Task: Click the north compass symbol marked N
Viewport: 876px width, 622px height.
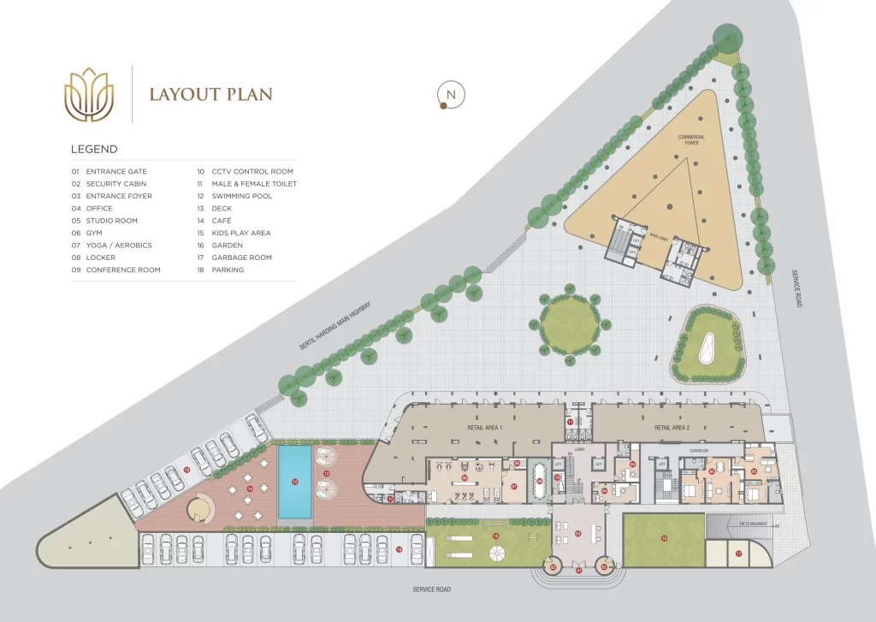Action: pos(450,94)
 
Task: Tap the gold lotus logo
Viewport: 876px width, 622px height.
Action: pos(90,93)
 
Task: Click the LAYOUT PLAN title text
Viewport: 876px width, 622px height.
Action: pos(211,94)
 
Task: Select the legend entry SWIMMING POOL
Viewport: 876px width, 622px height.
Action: pos(242,196)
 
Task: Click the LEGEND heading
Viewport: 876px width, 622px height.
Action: pos(94,149)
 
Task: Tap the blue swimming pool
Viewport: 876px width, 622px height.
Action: pos(294,483)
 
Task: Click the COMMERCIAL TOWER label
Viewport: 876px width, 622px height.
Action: pos(691,139)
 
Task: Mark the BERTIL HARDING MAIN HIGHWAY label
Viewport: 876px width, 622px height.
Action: pos(336,324)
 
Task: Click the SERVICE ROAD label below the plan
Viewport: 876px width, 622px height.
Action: pos(430,589)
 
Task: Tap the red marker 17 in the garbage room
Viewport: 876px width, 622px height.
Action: pos(738,554)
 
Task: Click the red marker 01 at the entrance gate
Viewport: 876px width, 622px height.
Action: pos(579,570)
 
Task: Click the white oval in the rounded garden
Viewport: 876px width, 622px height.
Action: pos(707,347)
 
